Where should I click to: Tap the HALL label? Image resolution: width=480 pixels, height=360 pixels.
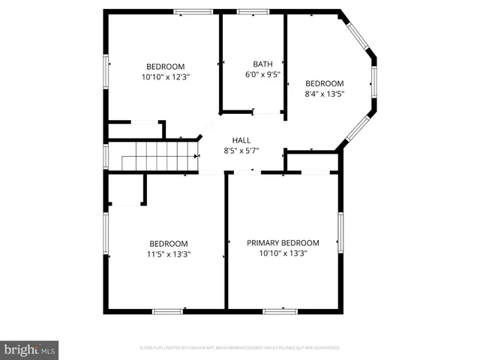pyautogui.click(x=241, y=140)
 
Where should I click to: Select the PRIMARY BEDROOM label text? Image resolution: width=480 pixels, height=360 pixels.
pyautogui.click(x=283, y=243)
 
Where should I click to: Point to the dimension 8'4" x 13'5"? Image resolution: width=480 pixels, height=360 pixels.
pyautogui.click(x=324, y=94)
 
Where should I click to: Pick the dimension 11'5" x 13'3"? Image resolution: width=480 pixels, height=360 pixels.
pyautogui.click(x=168, y=254)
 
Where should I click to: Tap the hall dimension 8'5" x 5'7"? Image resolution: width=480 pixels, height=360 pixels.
pyautogui.click(x=241, y=151)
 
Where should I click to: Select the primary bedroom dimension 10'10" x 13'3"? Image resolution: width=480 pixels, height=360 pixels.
pyautogui.click(x=283, y=253)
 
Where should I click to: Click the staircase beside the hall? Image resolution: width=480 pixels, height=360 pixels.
pyautogui.click(x=158, y=158)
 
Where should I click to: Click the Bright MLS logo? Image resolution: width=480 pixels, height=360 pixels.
pyautogui.click(x=30, y=349)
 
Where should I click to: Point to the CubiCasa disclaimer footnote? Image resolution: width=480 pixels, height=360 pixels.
pyautogui.click(x=240, y=348)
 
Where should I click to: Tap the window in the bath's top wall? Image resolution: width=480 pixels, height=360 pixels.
pyautogui.click(x=253, y=12)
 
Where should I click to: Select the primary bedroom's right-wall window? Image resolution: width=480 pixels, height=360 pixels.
pyautogui.click(x=340, y=233)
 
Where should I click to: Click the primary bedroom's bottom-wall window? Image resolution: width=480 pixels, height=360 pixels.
pyautogui.click(x=280, y=310)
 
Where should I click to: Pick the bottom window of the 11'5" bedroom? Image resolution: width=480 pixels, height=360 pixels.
pyautogui.click(x=167, y=310)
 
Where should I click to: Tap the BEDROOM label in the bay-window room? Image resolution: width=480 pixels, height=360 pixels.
pyautogui.click(x=324, y=83)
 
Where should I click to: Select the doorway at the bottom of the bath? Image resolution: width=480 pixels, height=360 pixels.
pyautogui.click(x=266, y=113)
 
